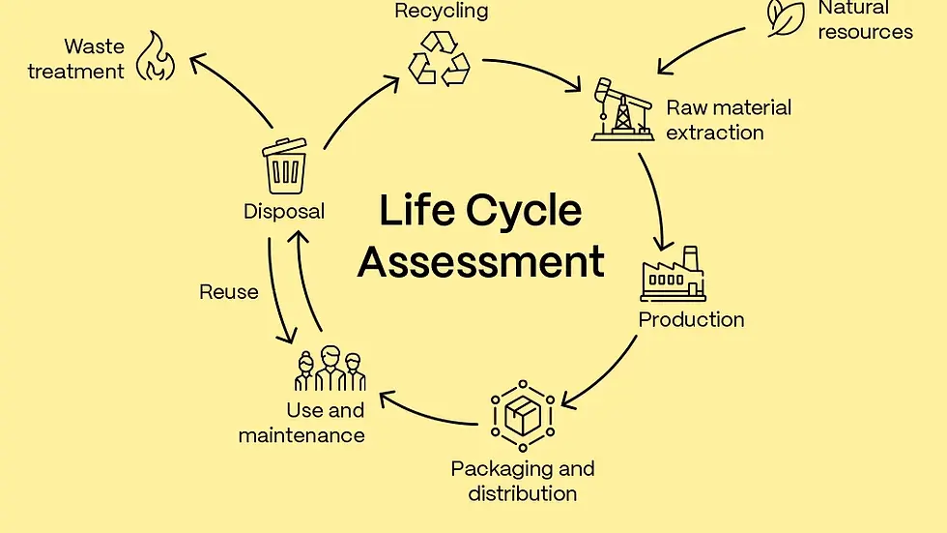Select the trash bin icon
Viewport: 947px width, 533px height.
[x=284, y=165]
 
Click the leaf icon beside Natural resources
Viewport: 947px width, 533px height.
[x=785, y=18]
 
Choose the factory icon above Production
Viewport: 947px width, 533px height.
[x=672, y=274]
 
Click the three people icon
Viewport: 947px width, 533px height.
[x=330, y=370]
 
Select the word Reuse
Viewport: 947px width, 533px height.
[x=229, y=291]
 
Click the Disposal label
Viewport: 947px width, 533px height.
[x=284, y=211]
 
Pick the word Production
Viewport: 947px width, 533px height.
[x=691, y=319]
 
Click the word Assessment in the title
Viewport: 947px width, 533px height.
[x=480, y=261]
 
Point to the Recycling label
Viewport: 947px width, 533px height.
[x=442, y=12]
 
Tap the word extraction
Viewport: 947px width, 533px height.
[x=714, y=133]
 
